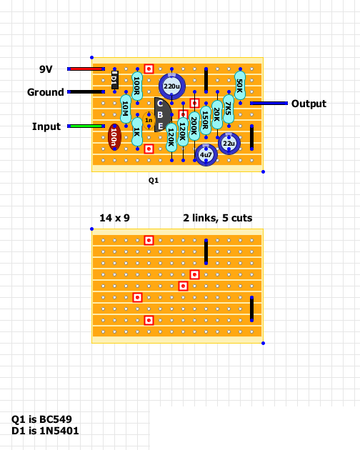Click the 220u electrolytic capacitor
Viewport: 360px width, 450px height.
click(171, 86)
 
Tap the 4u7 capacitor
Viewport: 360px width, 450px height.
click(206, 155)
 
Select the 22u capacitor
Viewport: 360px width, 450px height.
click(229, 144)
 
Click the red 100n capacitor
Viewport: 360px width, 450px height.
click(114, 137)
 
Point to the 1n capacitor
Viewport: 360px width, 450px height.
click(149, 120)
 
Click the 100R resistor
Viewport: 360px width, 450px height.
click(137, 86)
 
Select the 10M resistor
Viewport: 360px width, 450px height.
click(126, 109)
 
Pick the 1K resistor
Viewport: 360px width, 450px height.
click(137, 132)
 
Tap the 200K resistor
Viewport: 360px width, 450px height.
click(194, 126)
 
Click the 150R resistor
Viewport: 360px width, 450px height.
click(206, 120)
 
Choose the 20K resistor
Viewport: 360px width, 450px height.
click(217, 114)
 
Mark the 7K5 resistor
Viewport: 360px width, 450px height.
click(229, 109)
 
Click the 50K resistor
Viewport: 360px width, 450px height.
click(240, 86)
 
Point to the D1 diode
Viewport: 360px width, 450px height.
click(114, 80)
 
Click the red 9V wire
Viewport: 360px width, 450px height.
click(86, 69)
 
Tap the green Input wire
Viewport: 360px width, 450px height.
click(86, 126)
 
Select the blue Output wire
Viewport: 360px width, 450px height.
click(269, 103)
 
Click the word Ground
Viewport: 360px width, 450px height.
click(46, 92)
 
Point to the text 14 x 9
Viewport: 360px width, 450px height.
click(114, 218)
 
